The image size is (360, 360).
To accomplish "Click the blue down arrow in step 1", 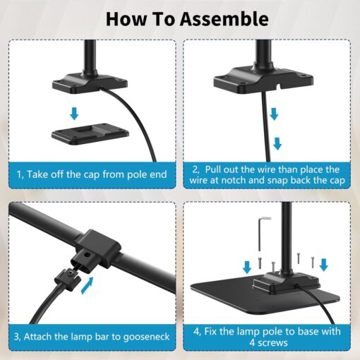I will click(x=75, y=113).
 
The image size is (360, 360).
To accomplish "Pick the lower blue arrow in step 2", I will click(x=278, y=143).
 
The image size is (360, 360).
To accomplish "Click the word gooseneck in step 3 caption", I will click(x=140, y=337).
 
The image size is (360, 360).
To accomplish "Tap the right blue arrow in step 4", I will click(x=324, y=265).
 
